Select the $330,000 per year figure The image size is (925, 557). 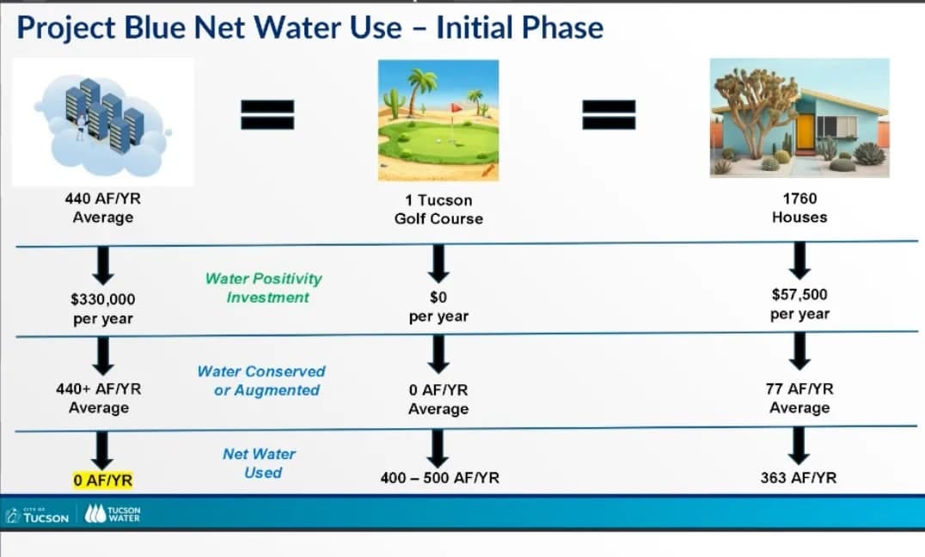point(102,309)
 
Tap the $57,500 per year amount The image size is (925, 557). point(799,304)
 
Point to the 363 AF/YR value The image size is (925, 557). point(799,478)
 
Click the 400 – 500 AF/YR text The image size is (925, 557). point(439,478)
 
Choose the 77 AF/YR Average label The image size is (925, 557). point(799,398)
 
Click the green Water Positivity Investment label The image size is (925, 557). point(264,288)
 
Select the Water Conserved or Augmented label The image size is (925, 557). point(262,381)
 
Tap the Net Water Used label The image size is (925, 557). point(260,463)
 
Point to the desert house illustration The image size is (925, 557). point(799,118)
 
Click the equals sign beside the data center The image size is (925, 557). point(266,114)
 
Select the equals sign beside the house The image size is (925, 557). point(610,114)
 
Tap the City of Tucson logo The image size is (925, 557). point(38,515)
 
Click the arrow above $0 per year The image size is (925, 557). point(439,263)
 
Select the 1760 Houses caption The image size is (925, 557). point(799,208)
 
